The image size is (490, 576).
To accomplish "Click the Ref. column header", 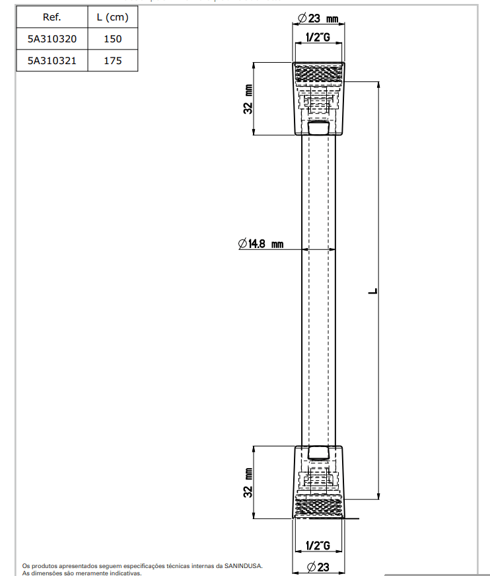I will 52,17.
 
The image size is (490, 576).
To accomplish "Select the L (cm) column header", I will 112,17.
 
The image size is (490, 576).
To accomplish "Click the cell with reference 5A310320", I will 52,39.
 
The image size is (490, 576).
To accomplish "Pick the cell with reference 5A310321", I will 52,61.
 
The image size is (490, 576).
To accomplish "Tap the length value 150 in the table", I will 112,39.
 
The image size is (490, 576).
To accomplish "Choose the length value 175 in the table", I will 112,61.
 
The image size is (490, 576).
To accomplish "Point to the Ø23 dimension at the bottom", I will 318,566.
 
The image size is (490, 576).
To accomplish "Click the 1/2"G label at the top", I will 318,38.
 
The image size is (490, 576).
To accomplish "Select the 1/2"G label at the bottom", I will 318,546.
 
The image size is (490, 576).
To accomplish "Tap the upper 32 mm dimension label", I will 248,99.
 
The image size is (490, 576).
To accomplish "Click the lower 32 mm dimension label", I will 248,483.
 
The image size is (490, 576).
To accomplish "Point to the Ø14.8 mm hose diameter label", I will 261,244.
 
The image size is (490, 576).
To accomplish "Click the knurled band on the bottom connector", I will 318,508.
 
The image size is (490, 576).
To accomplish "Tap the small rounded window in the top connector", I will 318,128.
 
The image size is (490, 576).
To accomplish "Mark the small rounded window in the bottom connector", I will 318,453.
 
